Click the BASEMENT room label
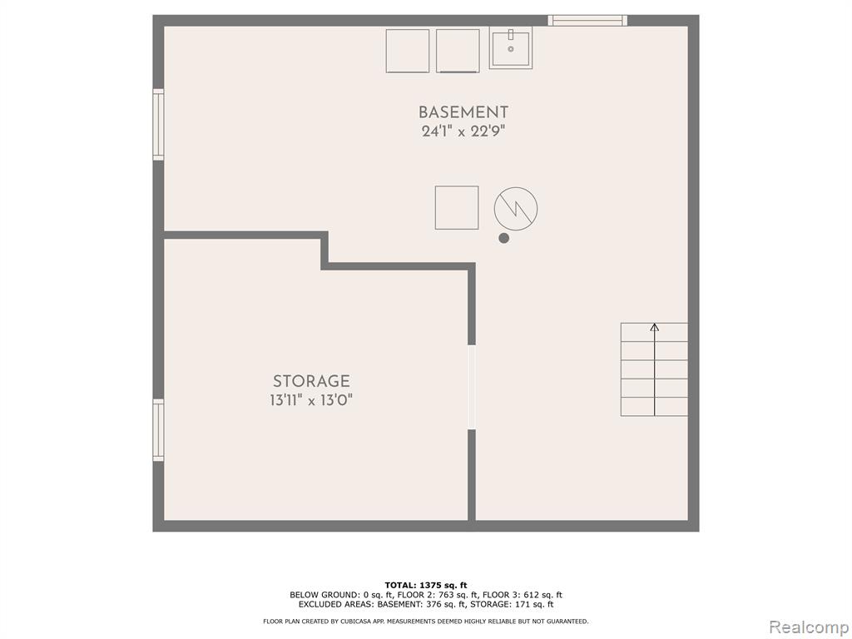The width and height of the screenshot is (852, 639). [463, 112]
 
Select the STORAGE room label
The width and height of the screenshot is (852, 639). [311, 381]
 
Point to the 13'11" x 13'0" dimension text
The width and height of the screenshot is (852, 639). [311, 400]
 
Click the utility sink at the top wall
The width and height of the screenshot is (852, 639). [511, 47]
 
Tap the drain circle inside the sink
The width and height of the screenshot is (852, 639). [511, 49]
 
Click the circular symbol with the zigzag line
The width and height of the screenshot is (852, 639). [516, 209]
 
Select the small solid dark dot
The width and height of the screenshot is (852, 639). [503, 238]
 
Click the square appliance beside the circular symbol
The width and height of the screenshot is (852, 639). [457, 207]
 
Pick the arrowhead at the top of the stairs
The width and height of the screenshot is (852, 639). [655, 327]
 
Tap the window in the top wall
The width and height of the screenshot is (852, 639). [587, 21]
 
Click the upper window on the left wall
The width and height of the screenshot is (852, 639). [158, 125]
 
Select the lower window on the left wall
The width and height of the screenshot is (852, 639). [158, 430]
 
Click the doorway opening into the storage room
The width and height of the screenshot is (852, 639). [472, 388]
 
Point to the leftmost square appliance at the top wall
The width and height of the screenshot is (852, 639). [408, 51]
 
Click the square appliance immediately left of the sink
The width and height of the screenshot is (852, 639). [458, 51]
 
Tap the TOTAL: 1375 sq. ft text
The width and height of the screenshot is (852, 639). [426, 585]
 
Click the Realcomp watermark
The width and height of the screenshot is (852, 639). [809, 627]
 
